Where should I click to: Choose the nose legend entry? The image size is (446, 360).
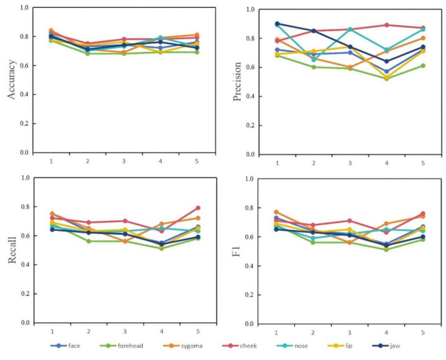pos(299,346)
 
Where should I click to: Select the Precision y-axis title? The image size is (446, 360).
pos(238,82)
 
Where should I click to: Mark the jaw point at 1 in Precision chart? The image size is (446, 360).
pos(277,23)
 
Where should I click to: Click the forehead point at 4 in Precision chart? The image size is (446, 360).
pos(387,78)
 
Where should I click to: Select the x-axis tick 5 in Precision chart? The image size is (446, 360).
pos(423,163)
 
